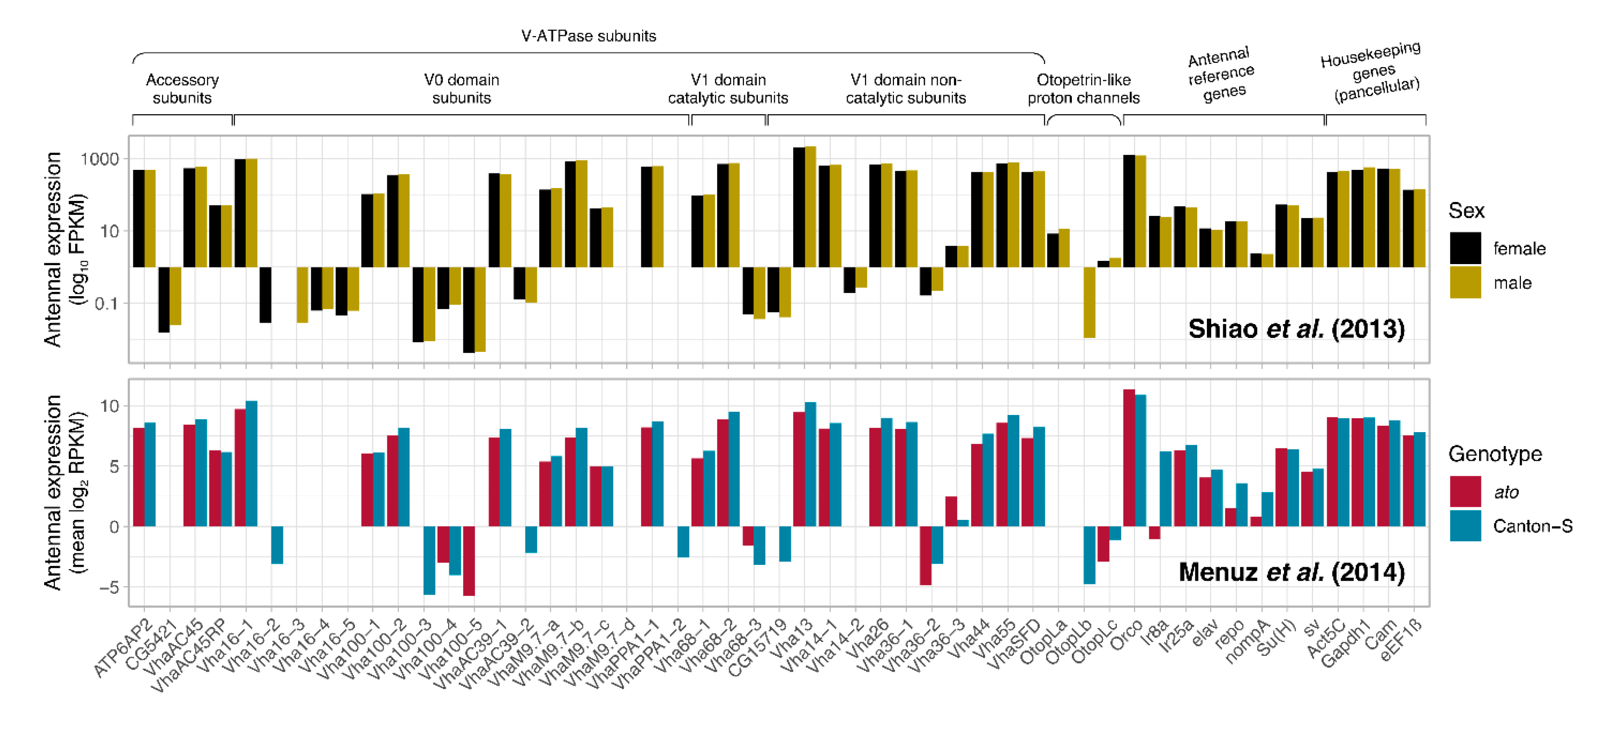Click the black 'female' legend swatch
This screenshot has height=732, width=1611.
click(x=1465, y=248)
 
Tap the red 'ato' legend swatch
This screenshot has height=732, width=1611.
click(x=1465, y=492)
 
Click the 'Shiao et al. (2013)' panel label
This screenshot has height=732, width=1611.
click(x=1297, y=329)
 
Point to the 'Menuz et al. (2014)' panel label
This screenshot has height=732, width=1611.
click(x=1291, y=572)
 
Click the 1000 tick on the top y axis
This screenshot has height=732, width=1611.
click(x=99, y=159)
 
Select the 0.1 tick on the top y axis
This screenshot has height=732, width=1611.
click(x=106, y=304)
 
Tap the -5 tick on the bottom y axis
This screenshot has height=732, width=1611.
click(x=108, y=587)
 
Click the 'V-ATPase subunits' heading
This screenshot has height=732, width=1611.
click(x=588, y=36)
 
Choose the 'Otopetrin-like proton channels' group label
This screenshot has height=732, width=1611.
click(x=1084, y=89)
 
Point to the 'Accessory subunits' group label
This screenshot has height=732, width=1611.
click(x=182, y=89)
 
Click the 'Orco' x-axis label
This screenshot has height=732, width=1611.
click(x=1126, y=633)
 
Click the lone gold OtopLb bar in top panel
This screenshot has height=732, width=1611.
click(x=1089, y=303)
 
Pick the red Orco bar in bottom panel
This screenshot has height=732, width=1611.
click(x=1129, y=458)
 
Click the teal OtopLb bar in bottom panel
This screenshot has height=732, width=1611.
click(x=1089, y=555)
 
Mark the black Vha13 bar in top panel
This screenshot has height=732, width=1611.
click(x=799, y=207)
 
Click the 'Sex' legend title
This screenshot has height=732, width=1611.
click(x=1466, y=211)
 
